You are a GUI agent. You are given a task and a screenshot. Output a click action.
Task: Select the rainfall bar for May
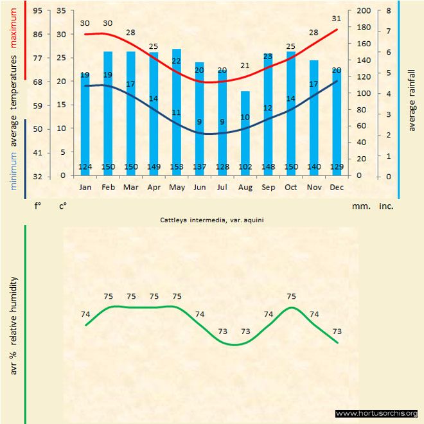click(x=176, y=109)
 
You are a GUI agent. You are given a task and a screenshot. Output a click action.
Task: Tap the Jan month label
click(x=85, y=187)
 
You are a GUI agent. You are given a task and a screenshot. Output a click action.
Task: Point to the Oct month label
click(x=290, y=187)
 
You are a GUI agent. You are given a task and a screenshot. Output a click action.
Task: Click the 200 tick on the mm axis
click(x=363, y=11)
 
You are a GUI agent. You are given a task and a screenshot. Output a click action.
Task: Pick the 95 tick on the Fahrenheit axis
click(x=38, y=11)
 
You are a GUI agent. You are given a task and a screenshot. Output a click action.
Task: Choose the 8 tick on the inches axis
click(x=388, y=11)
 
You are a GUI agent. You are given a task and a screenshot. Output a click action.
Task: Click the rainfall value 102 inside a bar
click(x=245, y=167)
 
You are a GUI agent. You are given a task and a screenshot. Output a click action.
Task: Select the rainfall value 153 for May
click(x=176, y=167)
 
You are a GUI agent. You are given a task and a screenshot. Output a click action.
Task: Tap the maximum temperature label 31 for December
click(x=337, y=18)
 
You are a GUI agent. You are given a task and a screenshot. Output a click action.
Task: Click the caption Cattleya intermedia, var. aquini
click(x=213, y=219)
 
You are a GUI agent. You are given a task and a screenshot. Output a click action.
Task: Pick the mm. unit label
click(x=360, y=206)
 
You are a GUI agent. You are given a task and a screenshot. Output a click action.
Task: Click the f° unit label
click(x=38, y=206)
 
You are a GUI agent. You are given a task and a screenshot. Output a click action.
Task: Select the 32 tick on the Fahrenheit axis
click(x=38, y=175)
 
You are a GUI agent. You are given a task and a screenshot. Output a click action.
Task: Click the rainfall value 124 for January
click(x=85, y=167)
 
